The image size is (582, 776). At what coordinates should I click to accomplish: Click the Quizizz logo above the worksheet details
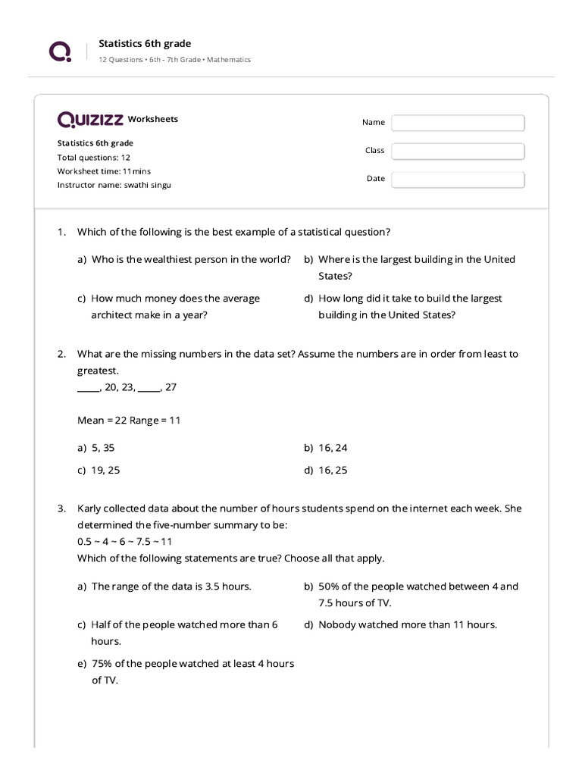[x=90, y=119]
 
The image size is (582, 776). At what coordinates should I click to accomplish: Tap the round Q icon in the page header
[x=60, y=52]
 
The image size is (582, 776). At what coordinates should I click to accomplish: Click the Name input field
[x=458, y=123]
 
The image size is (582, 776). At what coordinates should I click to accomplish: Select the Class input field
[x=458, y=151]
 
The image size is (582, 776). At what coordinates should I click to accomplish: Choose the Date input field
[x=458, y=180]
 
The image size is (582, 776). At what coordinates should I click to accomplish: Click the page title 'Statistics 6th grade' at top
[x=145, y=44]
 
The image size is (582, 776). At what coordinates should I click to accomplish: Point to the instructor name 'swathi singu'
[x=147, y=185]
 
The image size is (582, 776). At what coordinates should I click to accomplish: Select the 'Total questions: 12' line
[x=94, y=158]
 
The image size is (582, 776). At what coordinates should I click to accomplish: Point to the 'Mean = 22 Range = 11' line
[x=129, y=420]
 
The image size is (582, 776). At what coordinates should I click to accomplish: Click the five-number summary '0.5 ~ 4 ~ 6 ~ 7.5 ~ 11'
[x=125, y=542]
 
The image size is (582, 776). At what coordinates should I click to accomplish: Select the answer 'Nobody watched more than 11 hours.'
[x=408, y=624]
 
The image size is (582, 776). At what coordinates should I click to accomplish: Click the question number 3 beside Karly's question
[x=61, y=508]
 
